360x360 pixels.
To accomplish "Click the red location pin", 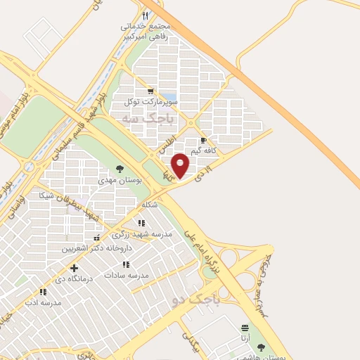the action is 181,165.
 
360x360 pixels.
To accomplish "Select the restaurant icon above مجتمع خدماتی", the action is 146,15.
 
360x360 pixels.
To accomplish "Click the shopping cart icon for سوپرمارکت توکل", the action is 150,91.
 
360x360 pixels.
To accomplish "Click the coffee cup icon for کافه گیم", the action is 203,141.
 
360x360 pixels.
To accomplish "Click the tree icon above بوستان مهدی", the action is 120,169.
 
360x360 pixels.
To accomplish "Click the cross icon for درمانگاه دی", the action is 75,268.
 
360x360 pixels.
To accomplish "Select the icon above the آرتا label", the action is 245,328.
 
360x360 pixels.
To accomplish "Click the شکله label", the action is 149,205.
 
